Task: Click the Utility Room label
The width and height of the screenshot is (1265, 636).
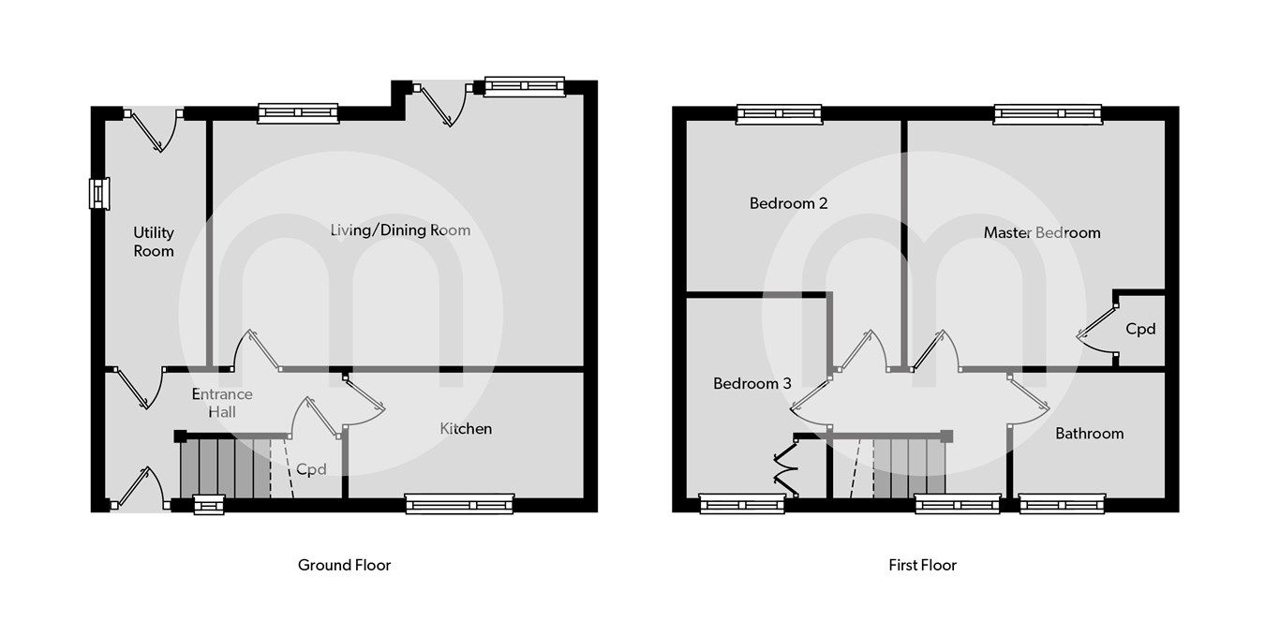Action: coord(154,242)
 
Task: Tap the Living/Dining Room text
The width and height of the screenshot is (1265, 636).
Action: coord(400,229)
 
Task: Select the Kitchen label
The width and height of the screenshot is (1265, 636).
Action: coord(466,428)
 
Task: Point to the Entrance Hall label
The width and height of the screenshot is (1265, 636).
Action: coord(221,403)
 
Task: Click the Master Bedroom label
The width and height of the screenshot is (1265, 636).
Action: coord(1041,232)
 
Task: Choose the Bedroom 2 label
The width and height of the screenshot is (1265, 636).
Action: coord(788,203)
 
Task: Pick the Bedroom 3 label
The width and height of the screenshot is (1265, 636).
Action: coord(752,383)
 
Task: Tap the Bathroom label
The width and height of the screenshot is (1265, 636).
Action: coord(1089,433)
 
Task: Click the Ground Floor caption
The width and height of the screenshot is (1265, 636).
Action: coord(344,565)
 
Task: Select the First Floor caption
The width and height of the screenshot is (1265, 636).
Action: coord(922,565)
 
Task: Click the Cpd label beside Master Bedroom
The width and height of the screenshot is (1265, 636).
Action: coord(1140,329)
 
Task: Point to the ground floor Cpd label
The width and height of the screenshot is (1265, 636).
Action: coord(311,468)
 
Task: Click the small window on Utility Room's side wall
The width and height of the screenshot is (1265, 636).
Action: coord(98,193)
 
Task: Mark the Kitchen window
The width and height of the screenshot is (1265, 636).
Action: coord(459,504)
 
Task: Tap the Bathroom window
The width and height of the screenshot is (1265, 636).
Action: coord(1062,504)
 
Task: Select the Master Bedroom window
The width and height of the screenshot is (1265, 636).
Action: coord(1048,114)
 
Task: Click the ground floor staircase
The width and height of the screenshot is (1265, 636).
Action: coord(225,468)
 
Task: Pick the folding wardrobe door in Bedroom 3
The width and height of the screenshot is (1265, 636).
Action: coord(783,468)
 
